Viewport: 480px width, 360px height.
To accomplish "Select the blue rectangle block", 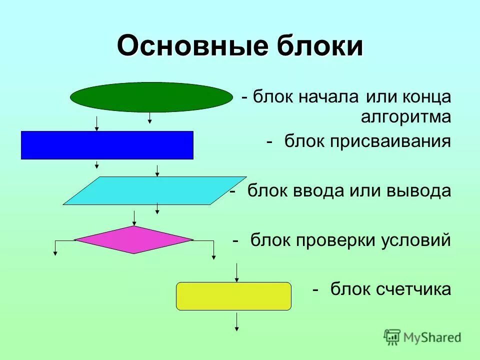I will pos(107,145).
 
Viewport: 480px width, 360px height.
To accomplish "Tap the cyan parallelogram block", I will pos(154,190).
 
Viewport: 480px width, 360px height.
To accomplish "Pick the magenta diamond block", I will pos(134,239).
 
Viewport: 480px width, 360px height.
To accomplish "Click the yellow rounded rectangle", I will pos(233,296).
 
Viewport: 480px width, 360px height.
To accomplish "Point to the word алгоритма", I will pos(406,117).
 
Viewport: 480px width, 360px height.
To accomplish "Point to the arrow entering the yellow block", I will pos(237,272).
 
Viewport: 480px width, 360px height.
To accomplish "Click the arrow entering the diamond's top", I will pos(134,218).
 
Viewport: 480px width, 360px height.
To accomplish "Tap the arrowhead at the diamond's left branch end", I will pos(55,253).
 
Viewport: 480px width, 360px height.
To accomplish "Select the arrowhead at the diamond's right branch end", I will pos(213,256).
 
